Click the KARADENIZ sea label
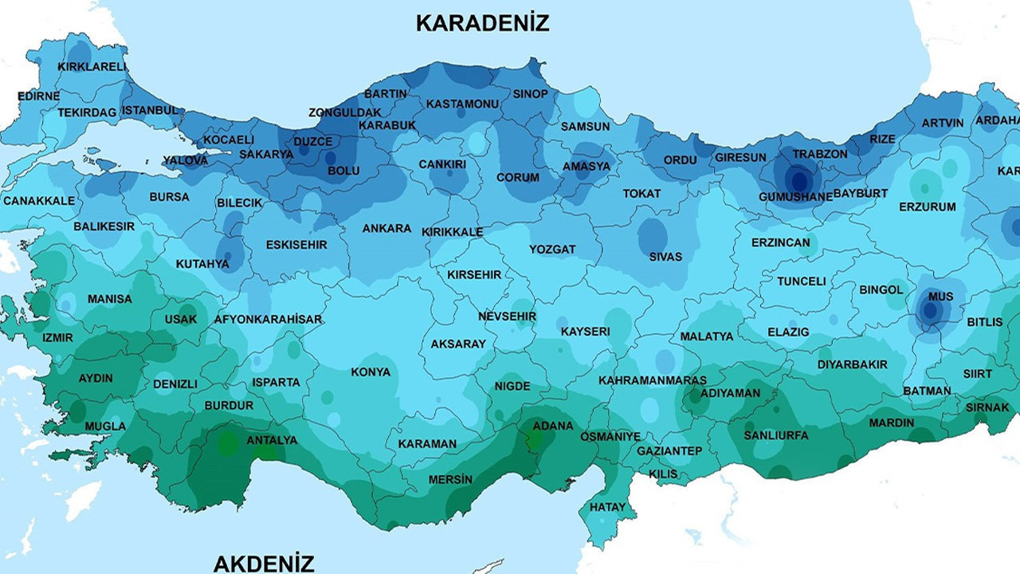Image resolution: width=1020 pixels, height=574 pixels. click(482, 23)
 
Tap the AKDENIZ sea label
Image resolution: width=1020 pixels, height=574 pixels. click(264, 564)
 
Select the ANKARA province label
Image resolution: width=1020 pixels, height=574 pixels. click(386, 229)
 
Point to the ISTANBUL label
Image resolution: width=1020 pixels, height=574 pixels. click(151, 110)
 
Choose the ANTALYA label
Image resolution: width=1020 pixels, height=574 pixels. click(272, 440)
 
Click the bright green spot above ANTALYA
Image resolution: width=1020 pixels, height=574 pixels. click(229, 442)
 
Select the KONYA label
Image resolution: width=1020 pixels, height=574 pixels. click(371, 372)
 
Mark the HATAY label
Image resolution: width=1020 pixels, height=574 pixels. click(607, 507)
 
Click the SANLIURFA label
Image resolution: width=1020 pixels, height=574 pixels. click(776, 435)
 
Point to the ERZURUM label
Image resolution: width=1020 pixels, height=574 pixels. click(927, 207)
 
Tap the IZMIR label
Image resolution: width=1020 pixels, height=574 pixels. click(57, 338)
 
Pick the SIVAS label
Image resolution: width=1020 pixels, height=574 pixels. click(665, 257)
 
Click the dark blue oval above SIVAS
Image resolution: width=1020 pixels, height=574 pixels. click(653, 235)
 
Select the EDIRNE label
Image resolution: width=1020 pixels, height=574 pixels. click(38, 96)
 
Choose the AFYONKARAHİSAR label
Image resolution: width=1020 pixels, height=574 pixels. click(268, 320)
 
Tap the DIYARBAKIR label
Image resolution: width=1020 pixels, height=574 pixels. click(852, 364)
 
